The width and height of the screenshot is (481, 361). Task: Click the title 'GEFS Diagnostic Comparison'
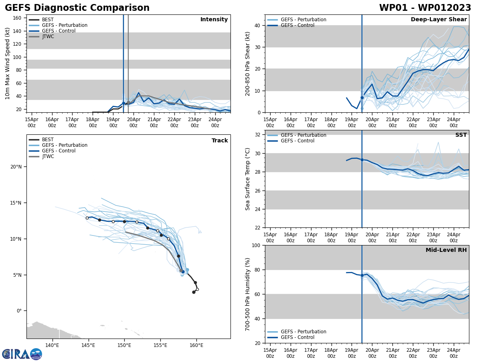point(77,8)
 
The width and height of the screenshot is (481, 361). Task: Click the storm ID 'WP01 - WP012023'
point(425,8)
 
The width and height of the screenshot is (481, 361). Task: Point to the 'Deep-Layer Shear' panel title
point(439,20)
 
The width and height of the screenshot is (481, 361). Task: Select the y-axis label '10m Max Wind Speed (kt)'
point(8,63)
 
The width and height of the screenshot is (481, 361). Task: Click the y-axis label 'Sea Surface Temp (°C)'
point(248,179)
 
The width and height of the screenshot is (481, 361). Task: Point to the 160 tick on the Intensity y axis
point(18,18)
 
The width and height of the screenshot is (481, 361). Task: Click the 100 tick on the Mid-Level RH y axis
point(255,245)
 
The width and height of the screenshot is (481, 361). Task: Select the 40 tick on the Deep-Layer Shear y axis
point(257,25)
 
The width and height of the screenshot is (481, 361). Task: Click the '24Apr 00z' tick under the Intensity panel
point(215,122)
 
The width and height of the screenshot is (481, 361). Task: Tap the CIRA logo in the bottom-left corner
point(22,354)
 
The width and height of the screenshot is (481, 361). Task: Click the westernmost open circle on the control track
point(87,218)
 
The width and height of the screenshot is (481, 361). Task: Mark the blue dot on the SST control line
point(362,160)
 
